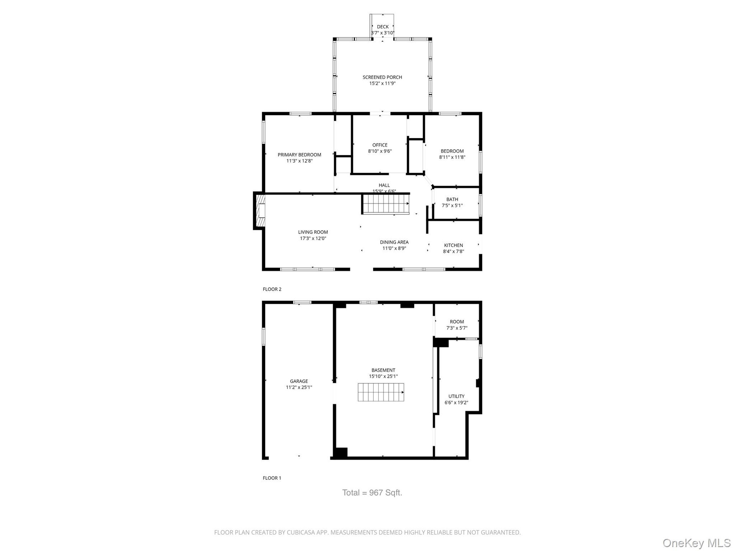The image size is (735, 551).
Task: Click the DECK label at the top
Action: pyautogui.click(x=382, y=27)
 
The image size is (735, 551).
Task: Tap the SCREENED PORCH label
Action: pyautogui.click(x=382, y=77)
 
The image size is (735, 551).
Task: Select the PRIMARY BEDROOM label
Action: pyautogui.click(x=299, y=155)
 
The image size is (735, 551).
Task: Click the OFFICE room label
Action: pyautogui.click(x=380, y=145)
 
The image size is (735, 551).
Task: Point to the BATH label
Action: pyautogui.click(x=452, y=199)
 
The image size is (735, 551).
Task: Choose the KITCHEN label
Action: pyautogui.click(x=453, y=245)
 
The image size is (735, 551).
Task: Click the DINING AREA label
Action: pyautogui.click(x=394, y=242)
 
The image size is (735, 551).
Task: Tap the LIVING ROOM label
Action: pyautogui.click(x=313, y=232)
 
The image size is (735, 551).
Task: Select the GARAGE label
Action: pyautogui.click(x=299, y=381)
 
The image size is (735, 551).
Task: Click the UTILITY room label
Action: pyautogui.click(x=456, y=396)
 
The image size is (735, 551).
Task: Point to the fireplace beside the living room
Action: pyautogui.click(x=260, y=211)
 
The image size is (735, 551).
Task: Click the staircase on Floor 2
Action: pyautogui.click(x=385, y=204)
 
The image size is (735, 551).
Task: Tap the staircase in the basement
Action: pyautogui.click(x=381, y=392)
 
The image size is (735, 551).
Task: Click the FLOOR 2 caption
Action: pyautogui.click(x=272, y=289)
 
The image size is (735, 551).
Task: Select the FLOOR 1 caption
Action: pyautogui.click(x=272, y=478)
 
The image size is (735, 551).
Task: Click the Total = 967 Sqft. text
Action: pyautogui.click(x=372, y=493)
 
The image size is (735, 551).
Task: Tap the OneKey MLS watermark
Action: pyautogui.click(x=697, y=543)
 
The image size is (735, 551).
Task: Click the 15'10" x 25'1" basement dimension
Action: pyautogui.click(x=383, y=377)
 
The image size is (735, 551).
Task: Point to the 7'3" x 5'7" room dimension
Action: pyautogui.click(x=457, y=328)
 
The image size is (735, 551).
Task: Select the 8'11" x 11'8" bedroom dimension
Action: pyautogui.click(x=452, y=157)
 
